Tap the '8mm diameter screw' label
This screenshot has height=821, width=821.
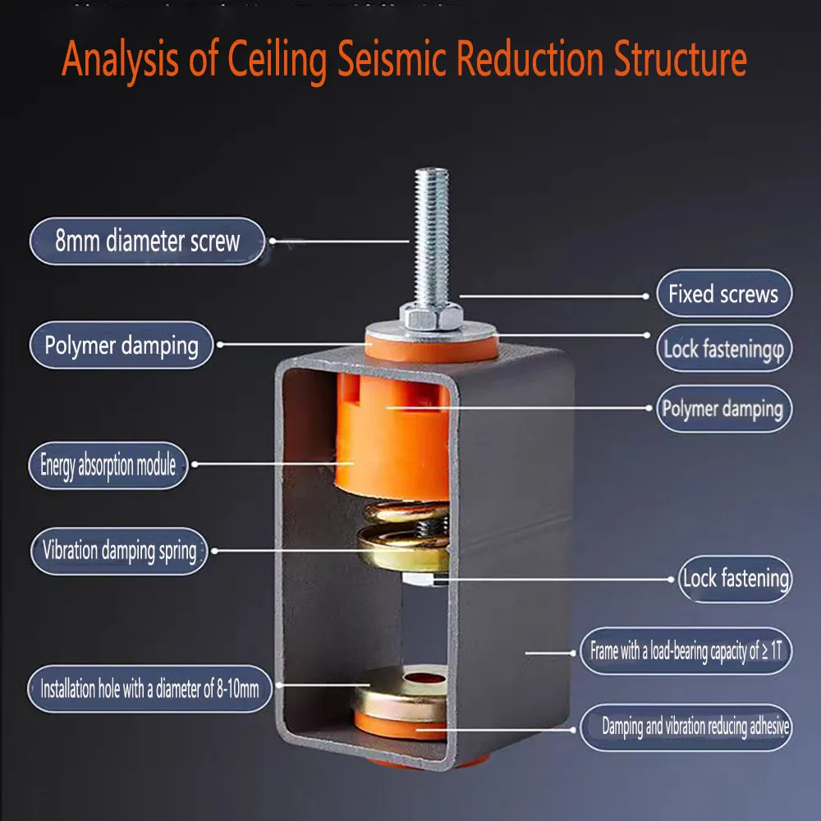coord(147,241)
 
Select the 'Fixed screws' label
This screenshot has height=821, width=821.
coord(724,293)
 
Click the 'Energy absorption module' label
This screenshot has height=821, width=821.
coord(108,466)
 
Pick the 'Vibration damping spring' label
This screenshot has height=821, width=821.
coord(119,551)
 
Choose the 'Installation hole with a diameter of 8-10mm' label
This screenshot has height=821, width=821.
coord(149,689)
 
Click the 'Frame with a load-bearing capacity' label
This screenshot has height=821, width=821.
coord(686,651)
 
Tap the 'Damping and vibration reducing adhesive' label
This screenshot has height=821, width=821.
coord(686,727)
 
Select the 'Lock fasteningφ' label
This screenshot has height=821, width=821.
coord(724,348)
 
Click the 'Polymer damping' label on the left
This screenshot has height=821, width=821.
coord(122,345)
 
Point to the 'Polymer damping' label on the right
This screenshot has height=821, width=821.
coord(724,409)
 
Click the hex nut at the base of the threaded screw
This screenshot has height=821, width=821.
coord(432,316)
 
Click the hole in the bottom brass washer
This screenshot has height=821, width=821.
coord(424,679)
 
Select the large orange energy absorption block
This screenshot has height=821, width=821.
coord(392,434)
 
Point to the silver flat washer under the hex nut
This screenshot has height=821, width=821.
coord(431,332)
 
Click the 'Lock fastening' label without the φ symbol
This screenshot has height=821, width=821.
coord(735,579)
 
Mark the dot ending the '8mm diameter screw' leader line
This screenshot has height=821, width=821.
coord(273,241)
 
